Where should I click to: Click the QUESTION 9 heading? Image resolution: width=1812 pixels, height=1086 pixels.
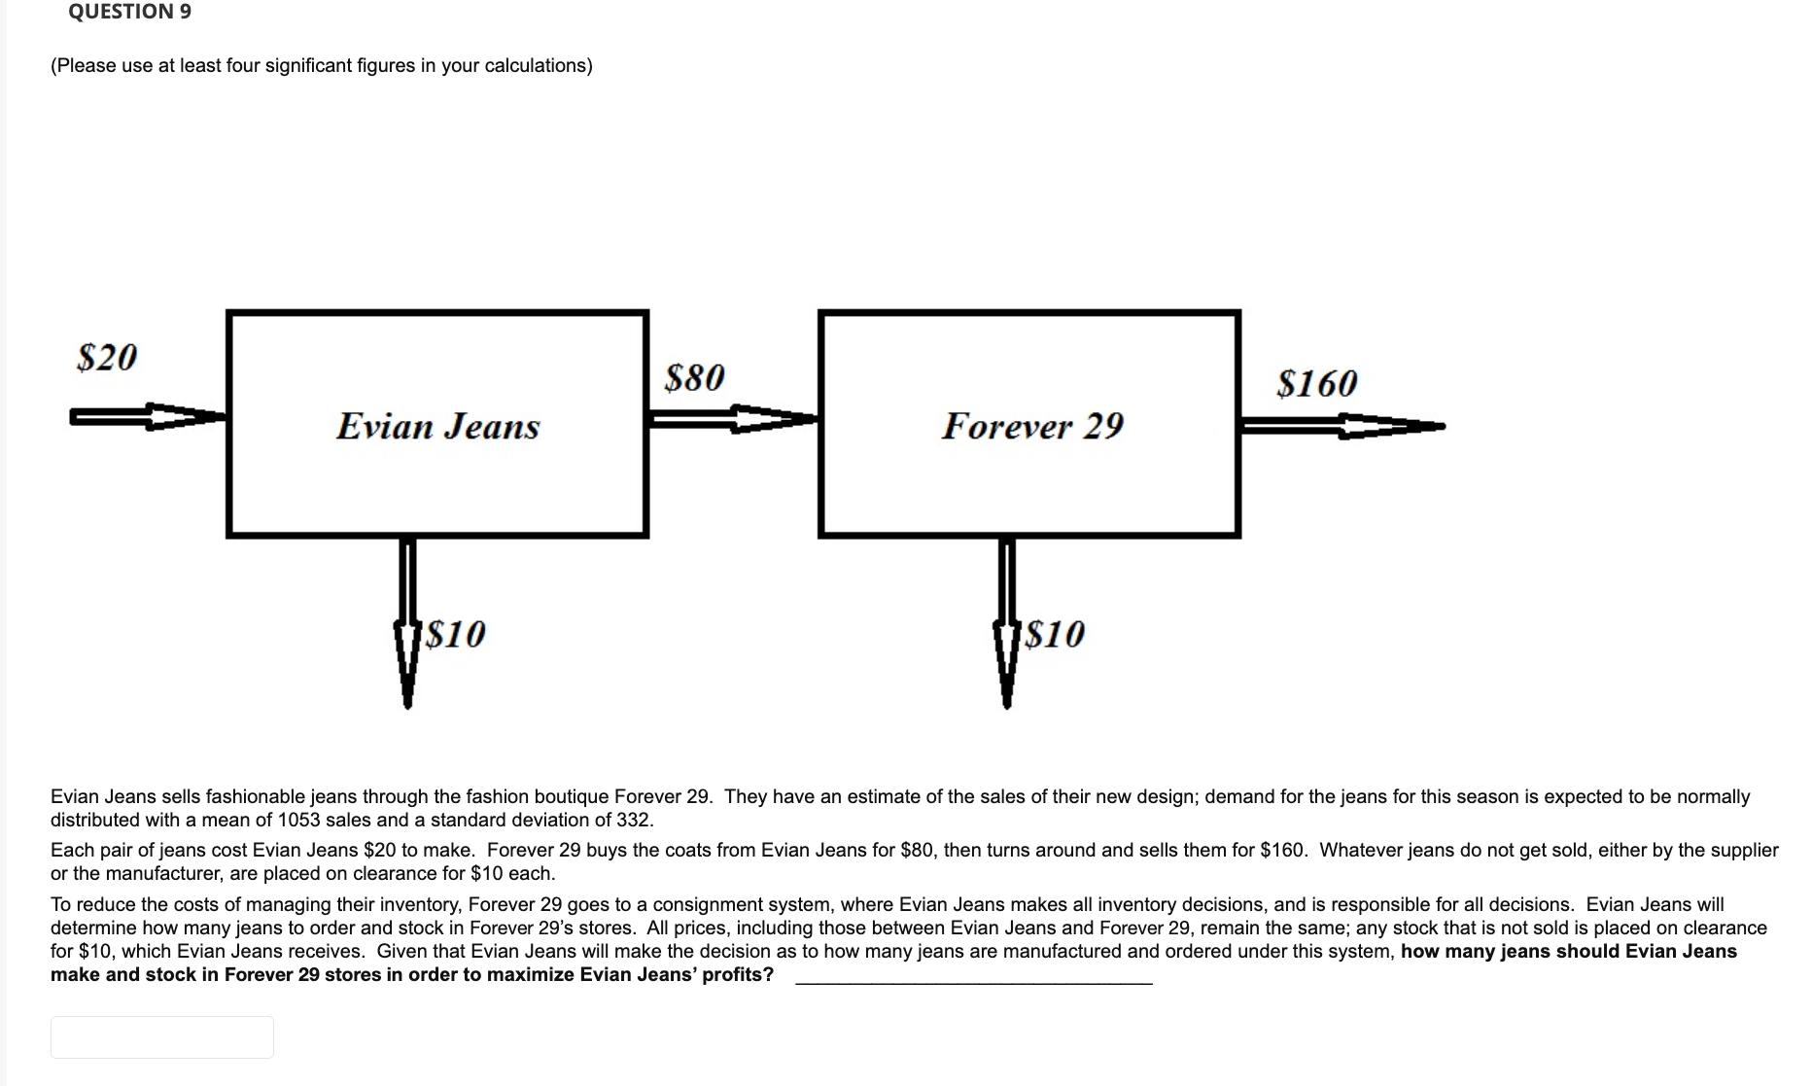[129, 12]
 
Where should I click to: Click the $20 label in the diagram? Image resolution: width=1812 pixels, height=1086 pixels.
[107, 357]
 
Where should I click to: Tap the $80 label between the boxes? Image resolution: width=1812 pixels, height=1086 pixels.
[694, 377]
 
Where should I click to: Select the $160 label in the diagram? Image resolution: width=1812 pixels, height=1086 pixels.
[1316, 383]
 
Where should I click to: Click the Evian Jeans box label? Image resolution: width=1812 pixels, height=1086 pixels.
[437, 426]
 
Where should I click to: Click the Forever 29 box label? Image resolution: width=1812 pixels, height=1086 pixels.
[1032, 425]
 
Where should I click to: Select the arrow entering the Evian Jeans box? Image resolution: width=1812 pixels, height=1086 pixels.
[146, 417]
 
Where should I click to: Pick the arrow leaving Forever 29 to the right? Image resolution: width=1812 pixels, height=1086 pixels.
[1342, 426]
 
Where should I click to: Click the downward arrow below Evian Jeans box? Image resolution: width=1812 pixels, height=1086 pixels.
[407, 622]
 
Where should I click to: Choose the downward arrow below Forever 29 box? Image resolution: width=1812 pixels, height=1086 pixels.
[1007, 622]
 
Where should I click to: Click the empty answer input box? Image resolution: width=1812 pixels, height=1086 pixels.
[161, 1036]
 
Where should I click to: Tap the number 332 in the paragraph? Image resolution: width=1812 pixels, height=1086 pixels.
[633, 820]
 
